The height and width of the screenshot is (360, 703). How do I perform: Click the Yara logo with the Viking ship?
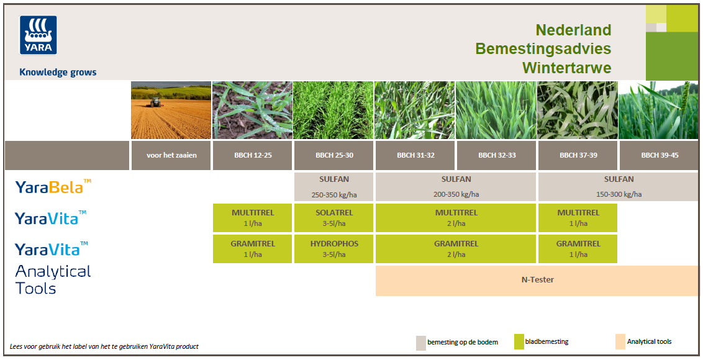[x=38, y=35]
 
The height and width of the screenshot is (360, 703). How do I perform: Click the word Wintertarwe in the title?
[x=567, y=68]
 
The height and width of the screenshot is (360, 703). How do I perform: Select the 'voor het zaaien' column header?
[x=171, y=155]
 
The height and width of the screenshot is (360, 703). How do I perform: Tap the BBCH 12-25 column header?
[x=253, y=155]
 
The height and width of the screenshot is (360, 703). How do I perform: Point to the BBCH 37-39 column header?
[x=578, y=155]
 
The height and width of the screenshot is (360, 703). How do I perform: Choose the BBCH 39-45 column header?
[x=660, y=155]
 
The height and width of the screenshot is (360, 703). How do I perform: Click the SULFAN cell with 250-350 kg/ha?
[x=334, y=186]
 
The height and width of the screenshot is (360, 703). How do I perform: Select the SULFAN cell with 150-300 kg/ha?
[x=619, y=186]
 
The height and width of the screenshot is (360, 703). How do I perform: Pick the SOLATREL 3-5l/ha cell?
[x=334, y=218]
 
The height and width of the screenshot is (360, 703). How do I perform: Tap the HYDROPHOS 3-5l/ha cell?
[x=334, y=249]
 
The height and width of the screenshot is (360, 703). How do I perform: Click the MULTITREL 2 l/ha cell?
[x=456, y=218]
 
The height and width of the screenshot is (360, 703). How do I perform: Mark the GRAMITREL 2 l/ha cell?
[x=456, y=249]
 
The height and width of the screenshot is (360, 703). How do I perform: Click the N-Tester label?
[x=538, y=280]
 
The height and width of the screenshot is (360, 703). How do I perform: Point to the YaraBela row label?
[x=53, y=186]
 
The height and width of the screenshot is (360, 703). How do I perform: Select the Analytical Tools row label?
[x=53, y=279]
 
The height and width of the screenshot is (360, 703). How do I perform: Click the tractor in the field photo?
[x=156, y=102]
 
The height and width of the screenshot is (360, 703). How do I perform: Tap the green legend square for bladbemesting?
[x=519, y=342]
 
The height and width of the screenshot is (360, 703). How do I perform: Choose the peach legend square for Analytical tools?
[x=620, y=341]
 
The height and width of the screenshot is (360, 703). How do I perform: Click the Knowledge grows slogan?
[x=58, y=73]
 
